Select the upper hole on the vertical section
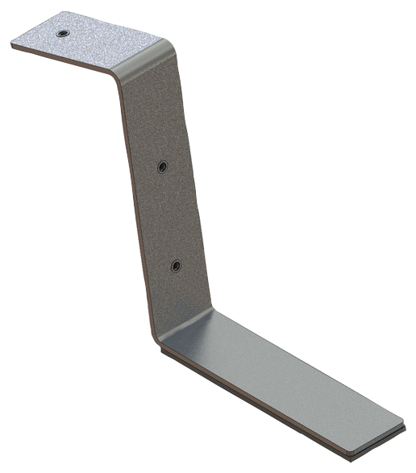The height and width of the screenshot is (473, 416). click(x=162, y=166)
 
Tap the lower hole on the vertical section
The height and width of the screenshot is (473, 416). click(x=177, y=266)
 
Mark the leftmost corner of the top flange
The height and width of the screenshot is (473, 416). click(x=12, y=45)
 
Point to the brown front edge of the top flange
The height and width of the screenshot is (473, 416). click(x=64, y=63)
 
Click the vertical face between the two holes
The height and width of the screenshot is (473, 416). click(x=169, y=216)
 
